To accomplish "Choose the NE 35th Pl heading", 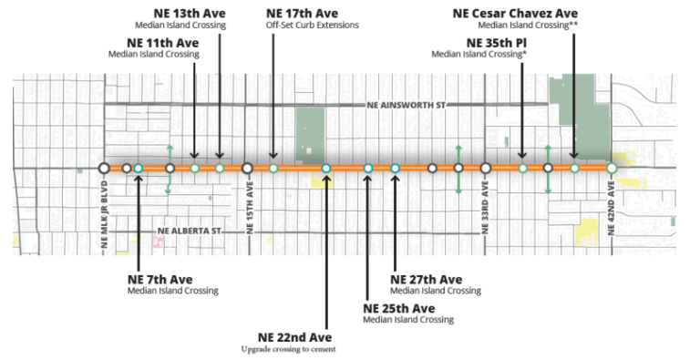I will (497, 42).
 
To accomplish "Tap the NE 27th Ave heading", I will (426, 279).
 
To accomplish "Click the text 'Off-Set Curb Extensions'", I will (312, 26).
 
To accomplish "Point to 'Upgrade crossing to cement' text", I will (289, 350).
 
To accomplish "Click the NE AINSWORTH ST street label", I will (407, 106).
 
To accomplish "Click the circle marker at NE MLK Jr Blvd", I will (104, 168).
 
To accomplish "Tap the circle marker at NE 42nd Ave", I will (612, 169).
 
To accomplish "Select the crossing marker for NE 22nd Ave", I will (325, 169).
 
